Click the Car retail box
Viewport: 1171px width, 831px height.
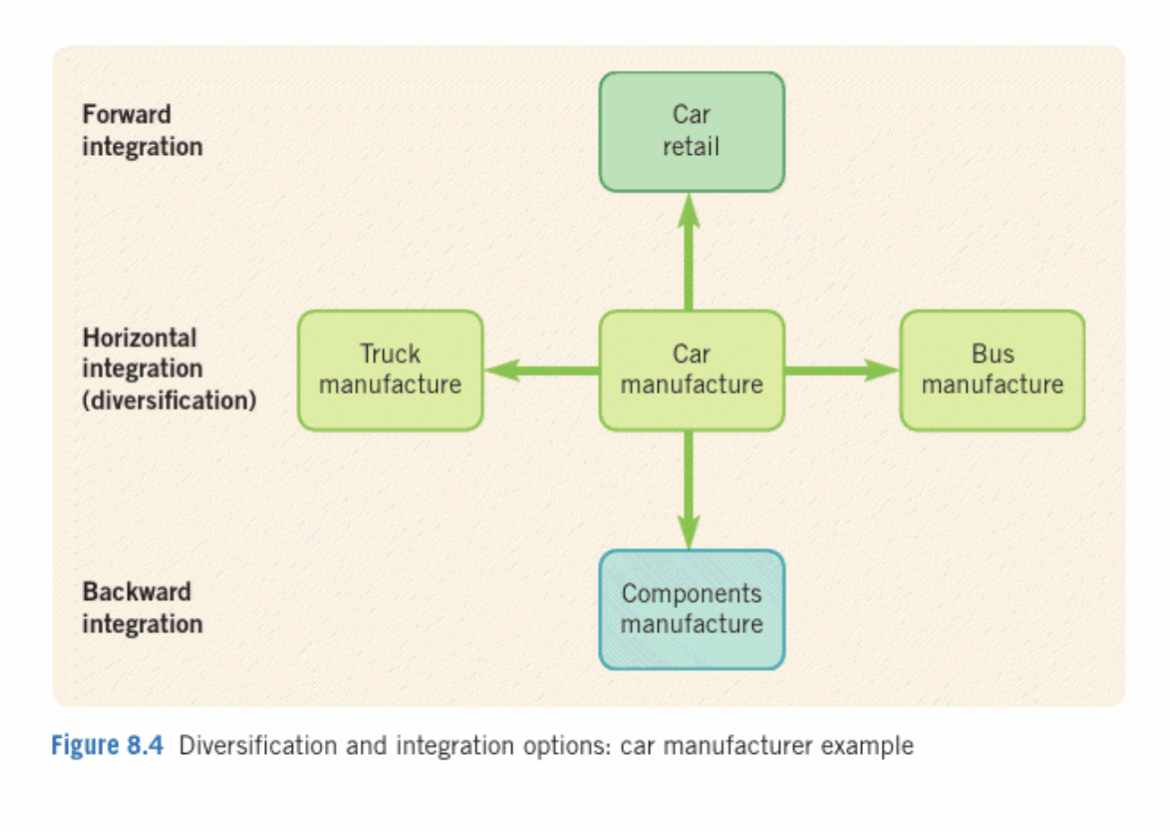(x=691, y=132)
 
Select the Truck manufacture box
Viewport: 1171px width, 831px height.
(x=390, y=370)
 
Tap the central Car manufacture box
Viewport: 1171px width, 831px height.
(x=691, y=370)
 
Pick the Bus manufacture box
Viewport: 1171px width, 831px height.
(x=992, y=370)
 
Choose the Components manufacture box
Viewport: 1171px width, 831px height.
(x=691, y=609)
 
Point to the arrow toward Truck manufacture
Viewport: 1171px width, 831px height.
(x=541, y=369)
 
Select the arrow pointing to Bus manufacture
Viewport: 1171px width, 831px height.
(x=842, y=369)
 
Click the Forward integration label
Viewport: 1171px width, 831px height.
(x=142, y=131)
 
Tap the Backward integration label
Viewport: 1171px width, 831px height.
(x=142, y=607)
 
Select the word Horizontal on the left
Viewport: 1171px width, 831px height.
(x=140, y=338)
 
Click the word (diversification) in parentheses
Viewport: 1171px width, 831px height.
(x=169, y=400)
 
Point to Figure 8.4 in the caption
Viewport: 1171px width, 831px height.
(x=107, y=745)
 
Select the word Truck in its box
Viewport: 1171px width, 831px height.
(x=390, y=354)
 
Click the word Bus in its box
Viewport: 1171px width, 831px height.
(x=993, y=354)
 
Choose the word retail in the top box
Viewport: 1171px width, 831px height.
(x=691, y=147)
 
